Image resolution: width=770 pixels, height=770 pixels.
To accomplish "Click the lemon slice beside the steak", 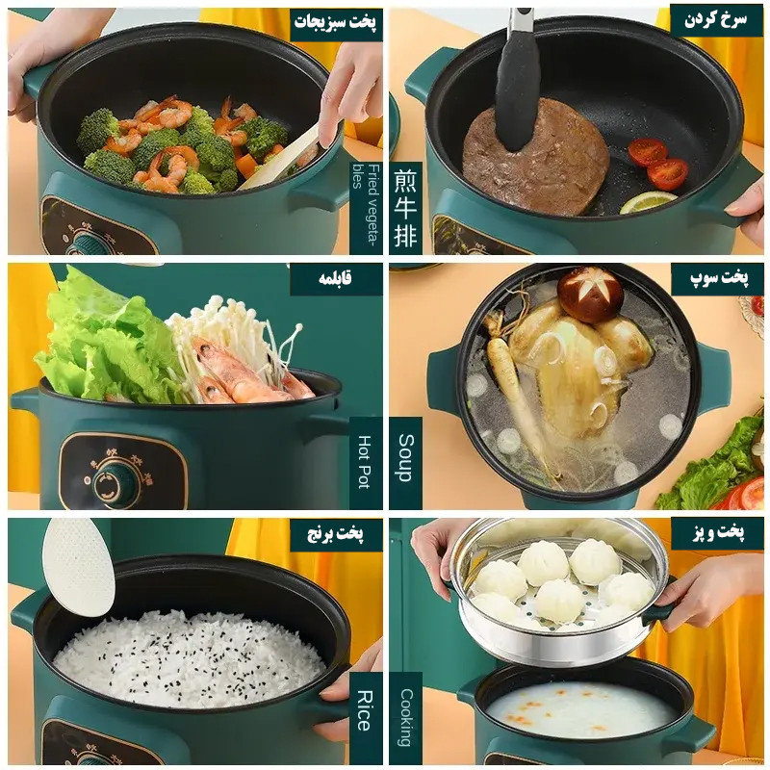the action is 648,202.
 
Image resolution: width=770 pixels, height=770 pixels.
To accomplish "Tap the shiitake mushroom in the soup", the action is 591,295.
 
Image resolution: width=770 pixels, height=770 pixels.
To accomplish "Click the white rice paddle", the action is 79,567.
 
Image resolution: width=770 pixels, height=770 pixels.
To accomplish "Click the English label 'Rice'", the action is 364,710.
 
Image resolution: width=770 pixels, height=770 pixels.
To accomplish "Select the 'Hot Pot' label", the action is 364,462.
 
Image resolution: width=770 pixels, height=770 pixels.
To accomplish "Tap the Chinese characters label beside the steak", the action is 405,209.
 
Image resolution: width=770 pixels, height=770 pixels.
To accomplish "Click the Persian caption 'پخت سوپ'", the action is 719,278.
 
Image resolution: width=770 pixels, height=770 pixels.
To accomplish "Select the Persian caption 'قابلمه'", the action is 335,278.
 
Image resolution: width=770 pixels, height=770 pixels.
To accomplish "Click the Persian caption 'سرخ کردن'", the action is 716,19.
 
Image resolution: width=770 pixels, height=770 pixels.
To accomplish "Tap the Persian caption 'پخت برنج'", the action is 335,533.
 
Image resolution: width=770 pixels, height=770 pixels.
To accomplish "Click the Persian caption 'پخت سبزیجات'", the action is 335,22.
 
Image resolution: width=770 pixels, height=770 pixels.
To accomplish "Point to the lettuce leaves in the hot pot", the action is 106,339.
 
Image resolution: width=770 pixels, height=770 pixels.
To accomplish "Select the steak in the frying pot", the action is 536,158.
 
